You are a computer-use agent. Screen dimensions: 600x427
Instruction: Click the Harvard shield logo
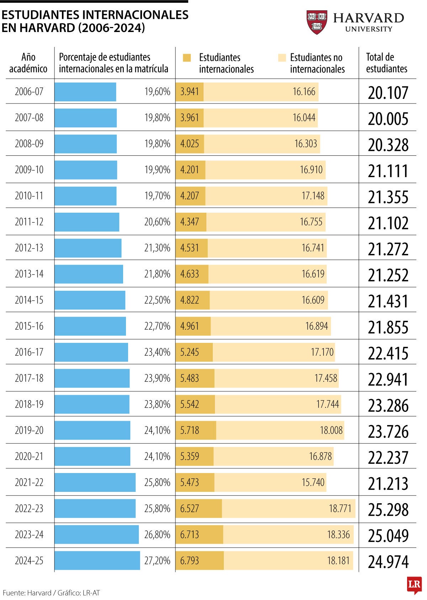click(317, 22)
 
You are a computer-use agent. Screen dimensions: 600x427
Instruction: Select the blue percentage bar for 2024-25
click(97, 561)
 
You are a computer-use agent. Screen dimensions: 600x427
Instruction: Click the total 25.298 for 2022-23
click(388, 509)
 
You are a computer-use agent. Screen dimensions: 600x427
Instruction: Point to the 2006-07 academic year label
click(29, 91)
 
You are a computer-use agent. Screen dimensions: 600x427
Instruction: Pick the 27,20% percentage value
click(157, 561)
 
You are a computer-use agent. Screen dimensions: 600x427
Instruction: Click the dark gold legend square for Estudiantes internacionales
click(187, 58)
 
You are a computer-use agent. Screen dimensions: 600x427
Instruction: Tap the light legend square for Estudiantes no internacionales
click(282, 58)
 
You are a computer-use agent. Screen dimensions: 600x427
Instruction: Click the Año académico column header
click(28, 63)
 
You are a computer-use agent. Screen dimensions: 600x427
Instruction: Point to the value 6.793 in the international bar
click(189, 561)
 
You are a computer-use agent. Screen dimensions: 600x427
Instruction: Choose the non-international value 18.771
click(340, 509)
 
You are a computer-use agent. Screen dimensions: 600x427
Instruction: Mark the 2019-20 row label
click(29, 430)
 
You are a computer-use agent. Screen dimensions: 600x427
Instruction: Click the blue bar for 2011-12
click(87, 222)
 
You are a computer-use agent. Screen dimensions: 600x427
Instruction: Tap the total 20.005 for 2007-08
click(388, 119)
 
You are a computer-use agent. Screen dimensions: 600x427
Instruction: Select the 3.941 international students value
click(189, 92)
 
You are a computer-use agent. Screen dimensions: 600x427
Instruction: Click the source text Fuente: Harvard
click(27, 593)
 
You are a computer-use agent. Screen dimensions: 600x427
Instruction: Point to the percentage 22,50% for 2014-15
click(157, 300)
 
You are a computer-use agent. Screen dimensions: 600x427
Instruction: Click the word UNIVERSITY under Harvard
click(369, 29)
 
